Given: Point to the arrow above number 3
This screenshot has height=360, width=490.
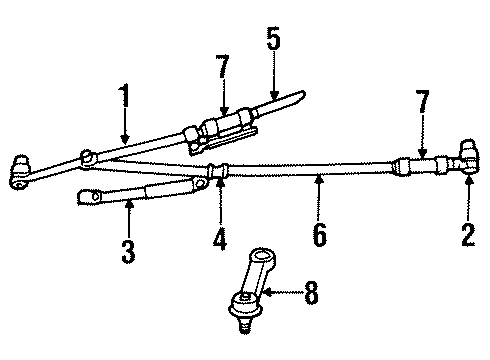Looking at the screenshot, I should [129, 213].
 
